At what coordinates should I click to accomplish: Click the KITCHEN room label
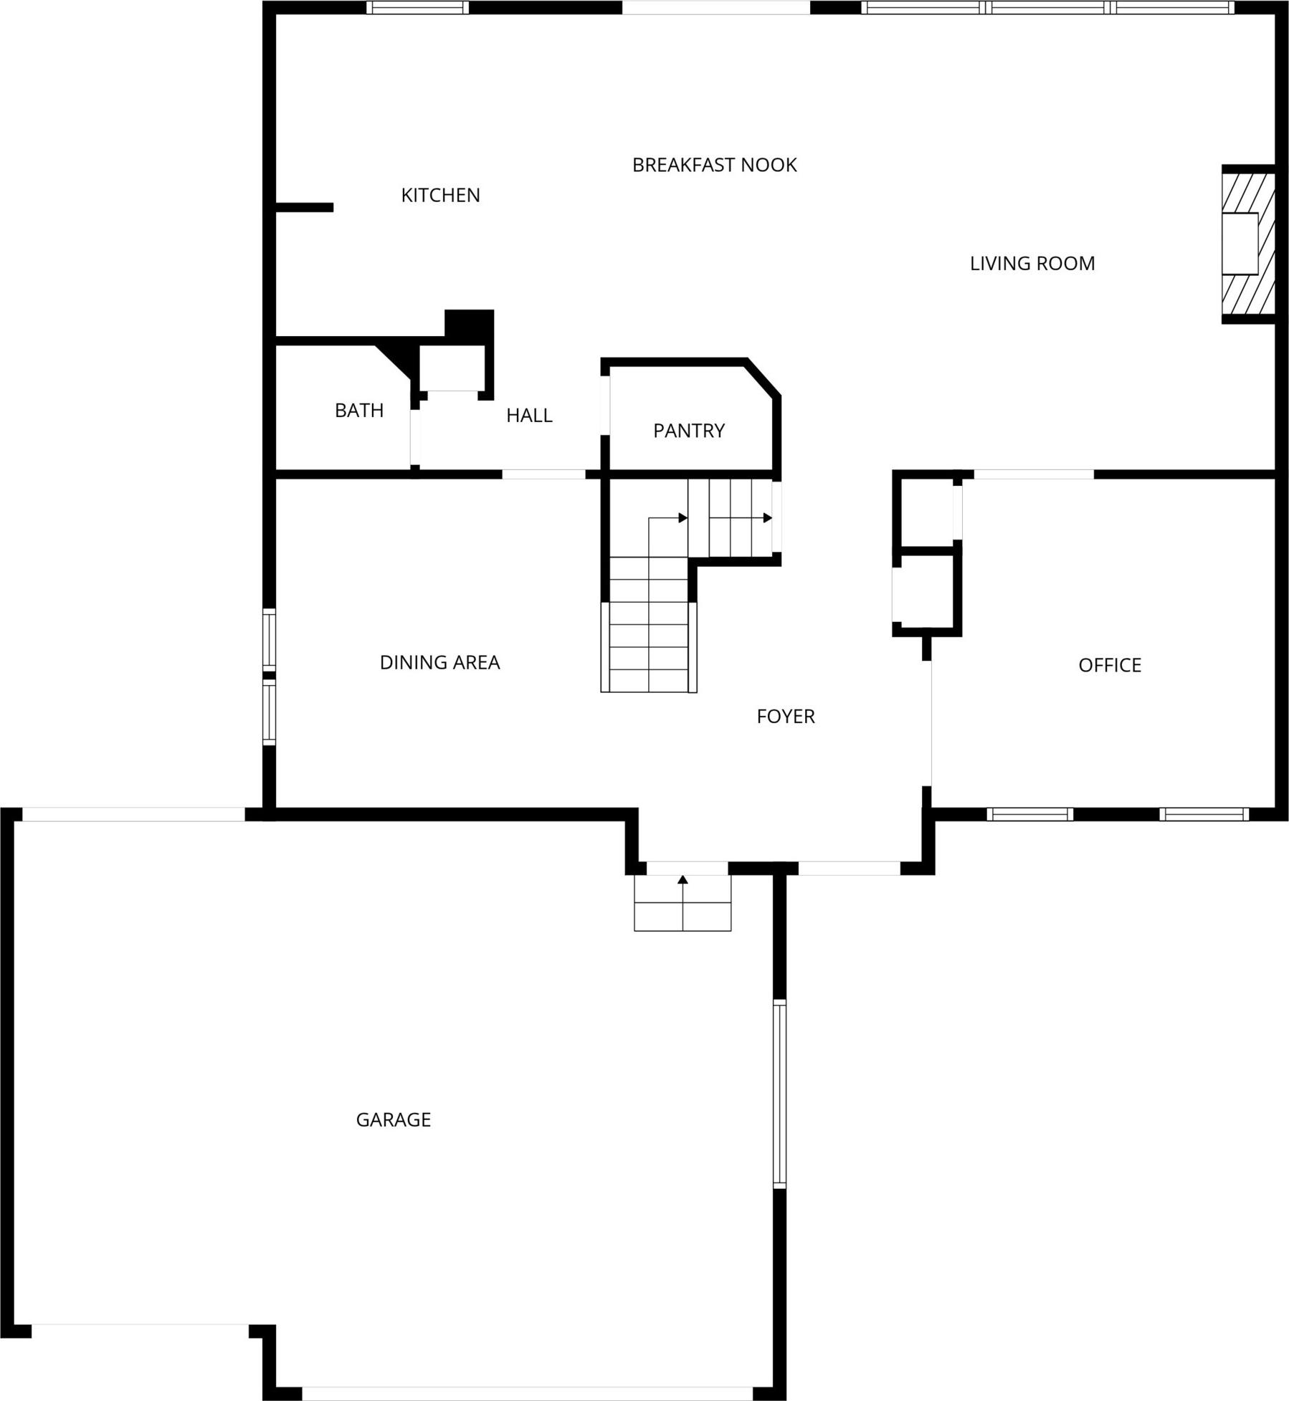[440, 195]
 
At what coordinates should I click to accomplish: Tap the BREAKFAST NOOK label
[714, 165]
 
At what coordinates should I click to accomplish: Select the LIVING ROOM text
[1032, 264]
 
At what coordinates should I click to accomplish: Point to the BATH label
[359, 411]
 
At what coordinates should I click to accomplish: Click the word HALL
[529, 416]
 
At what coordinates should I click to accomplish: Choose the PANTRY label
[689, 431]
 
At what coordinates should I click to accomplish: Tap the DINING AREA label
[439, 663]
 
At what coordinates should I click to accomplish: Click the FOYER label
[786, 717]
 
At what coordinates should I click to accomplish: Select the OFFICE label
[1110, 666]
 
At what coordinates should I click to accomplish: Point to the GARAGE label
[394, 1119]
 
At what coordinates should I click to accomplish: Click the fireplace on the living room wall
[1248, 244]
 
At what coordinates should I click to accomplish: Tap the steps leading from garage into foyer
[682, 902]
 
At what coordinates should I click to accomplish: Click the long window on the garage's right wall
[779, 1094]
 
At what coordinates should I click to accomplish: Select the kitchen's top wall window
[417, 8]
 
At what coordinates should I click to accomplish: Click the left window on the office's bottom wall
[1029, 814]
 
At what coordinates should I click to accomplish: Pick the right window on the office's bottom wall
[1204, 814]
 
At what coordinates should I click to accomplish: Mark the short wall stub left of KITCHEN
[305, 208]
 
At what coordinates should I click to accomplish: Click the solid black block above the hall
[470, 324]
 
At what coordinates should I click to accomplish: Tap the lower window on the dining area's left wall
[269, 712]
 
